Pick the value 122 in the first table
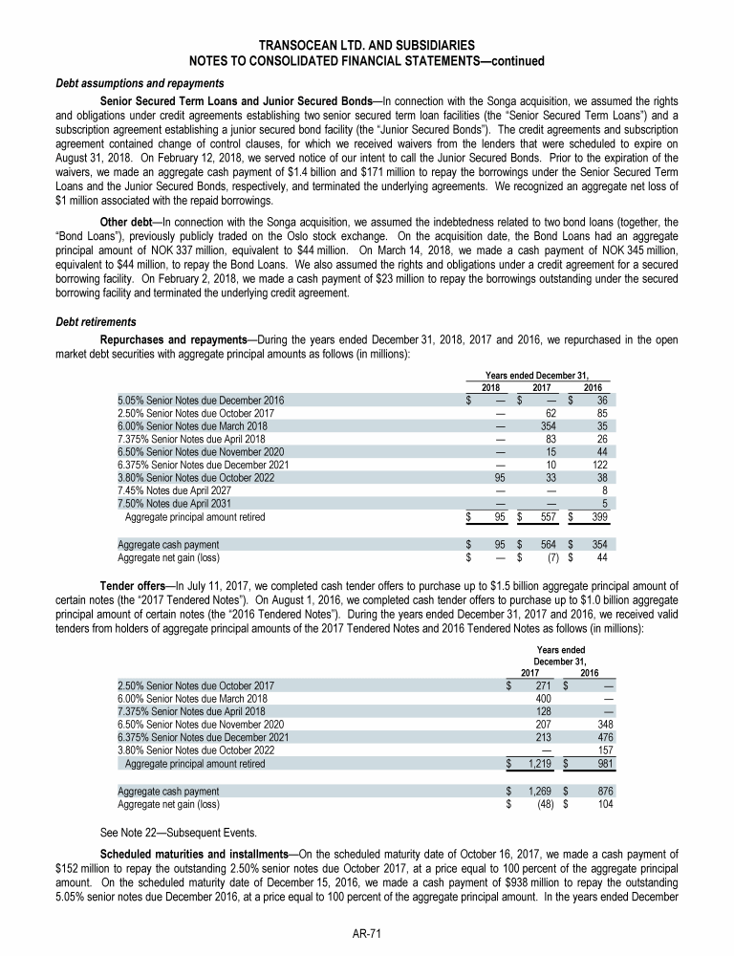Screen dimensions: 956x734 click(x=597, y=464)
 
